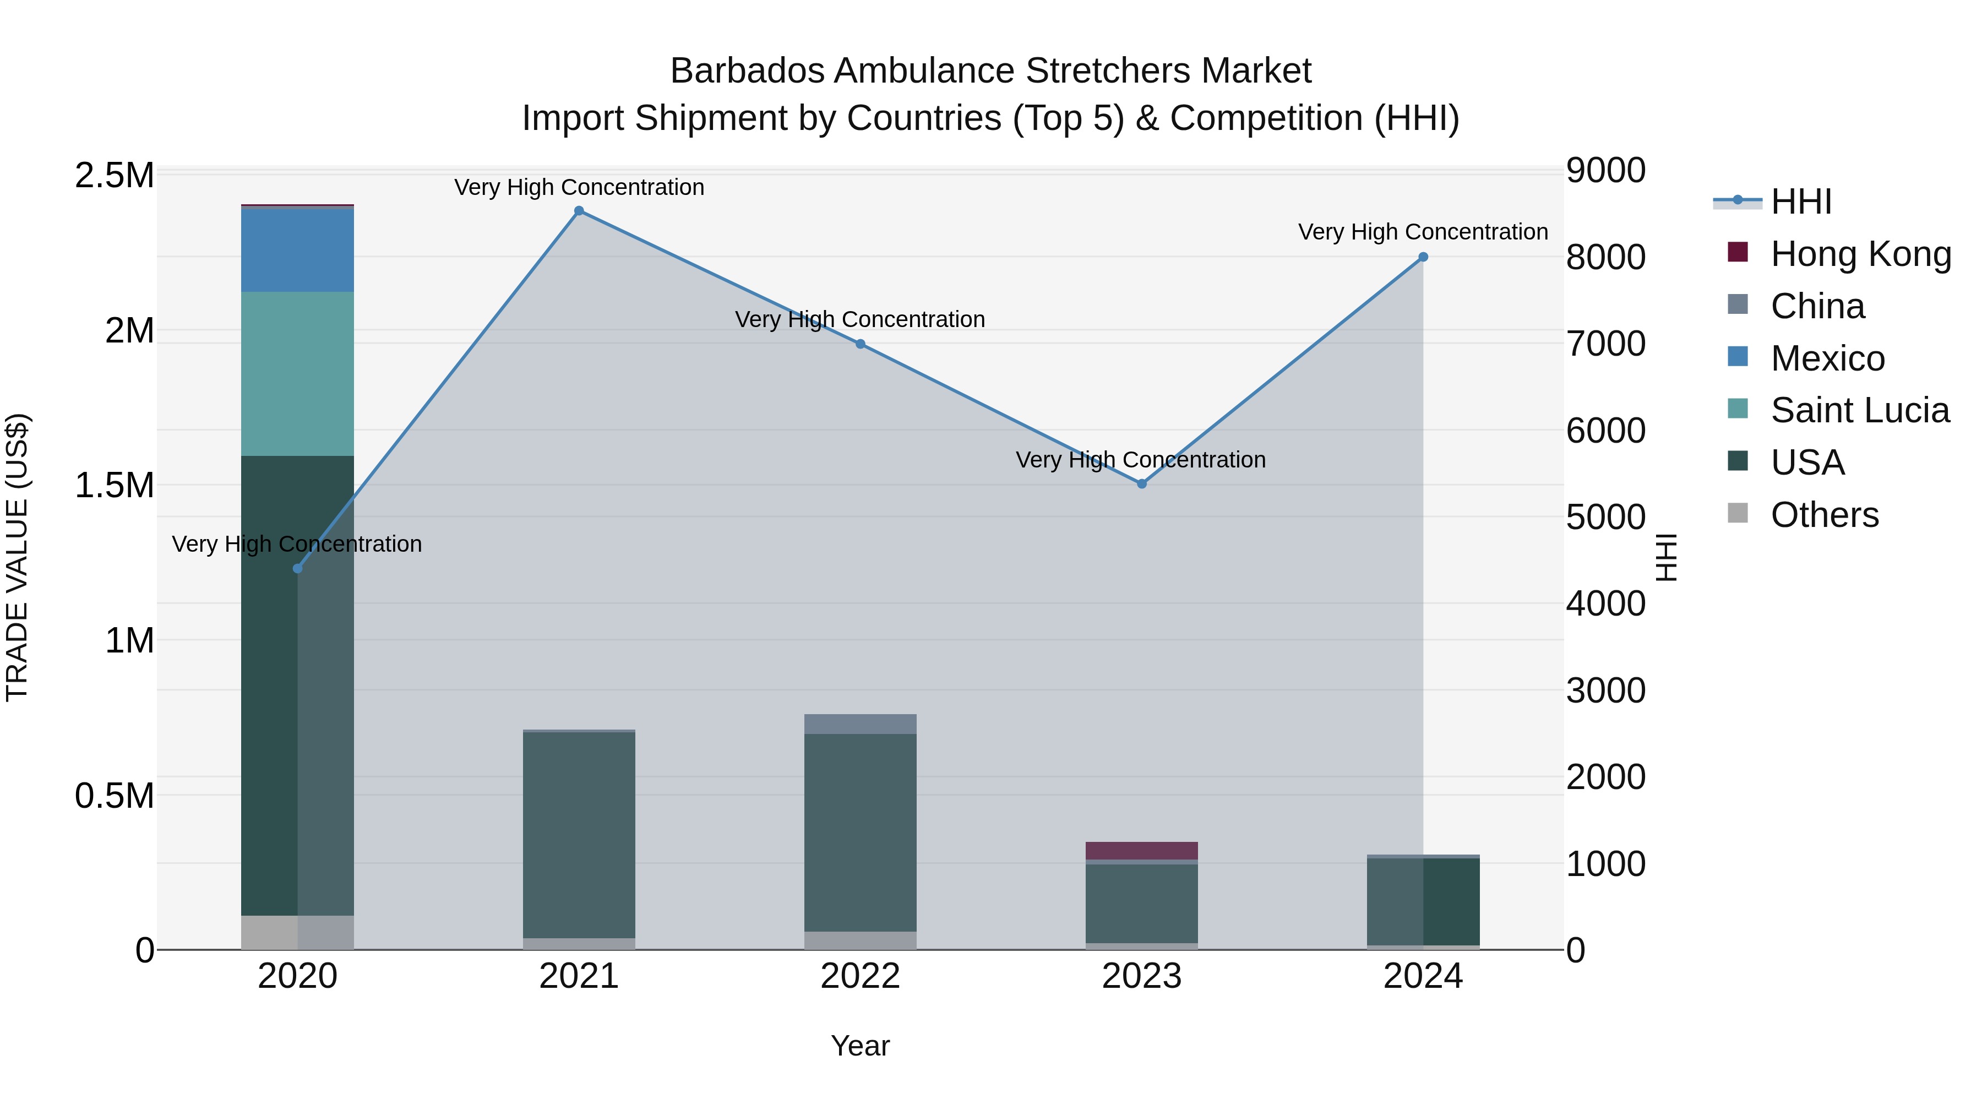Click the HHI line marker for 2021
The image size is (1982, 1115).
pos(579,211)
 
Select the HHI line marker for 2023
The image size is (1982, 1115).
pos(1142,483)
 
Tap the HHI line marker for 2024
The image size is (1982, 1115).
pos(1423,257)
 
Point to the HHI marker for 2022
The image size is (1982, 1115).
pos(860,344)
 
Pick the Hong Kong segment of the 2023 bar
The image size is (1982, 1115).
pos(1142,850)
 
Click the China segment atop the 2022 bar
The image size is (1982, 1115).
pos(860,724)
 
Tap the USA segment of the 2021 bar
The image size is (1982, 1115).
pos(579,835)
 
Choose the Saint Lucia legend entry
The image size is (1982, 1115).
pos(1860,410)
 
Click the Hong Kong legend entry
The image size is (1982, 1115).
pos(1860,254)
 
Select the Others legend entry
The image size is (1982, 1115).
pos(1825,515)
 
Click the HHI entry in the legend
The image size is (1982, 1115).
pos(1800,202)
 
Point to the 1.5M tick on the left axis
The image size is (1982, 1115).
pos(115,486)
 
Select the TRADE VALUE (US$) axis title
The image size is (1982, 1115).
pos(17,557)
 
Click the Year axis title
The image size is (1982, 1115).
pos(860,1046)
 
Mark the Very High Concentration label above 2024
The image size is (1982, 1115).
pos(1423,232)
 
